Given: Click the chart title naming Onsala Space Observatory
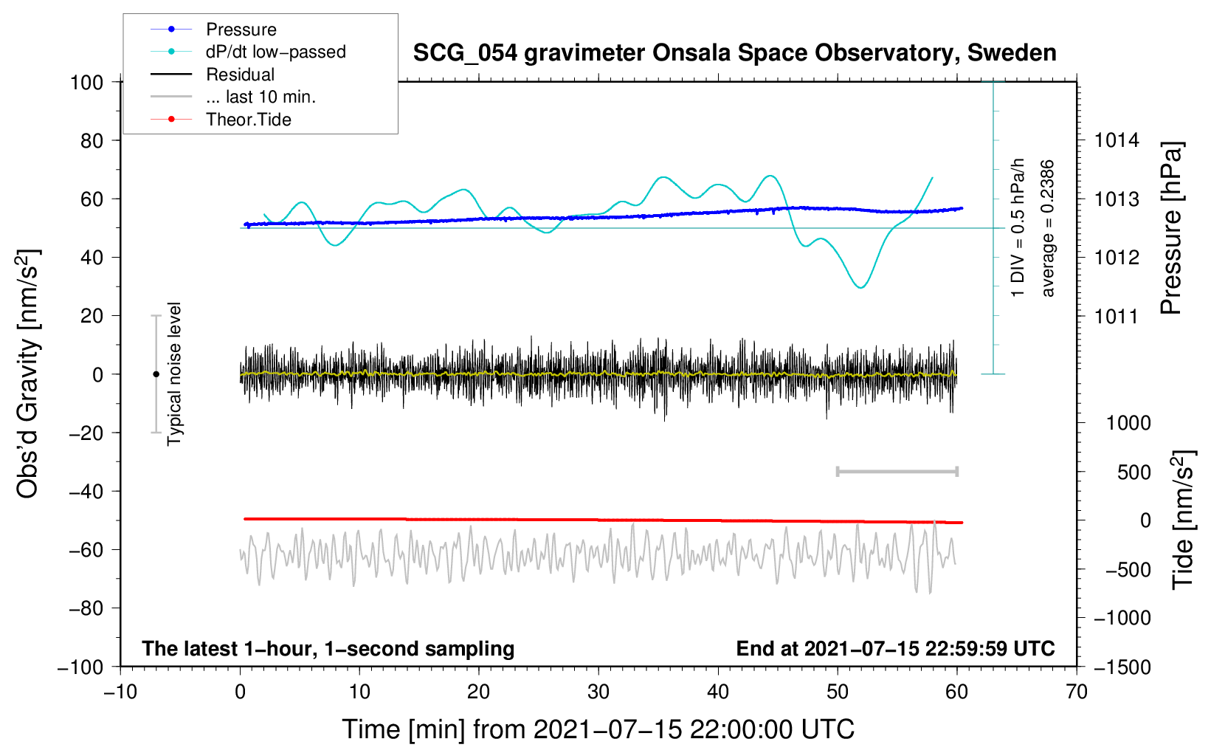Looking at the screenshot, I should pyautogui.click(x=734, y=53).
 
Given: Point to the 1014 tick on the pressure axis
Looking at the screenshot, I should pyautogui.click(x=1117, y=140).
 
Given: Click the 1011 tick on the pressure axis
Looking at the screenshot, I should pyautogui.click(x=1117, y=317).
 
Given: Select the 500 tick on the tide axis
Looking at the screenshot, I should pyautogui.click(x=1133, y=472).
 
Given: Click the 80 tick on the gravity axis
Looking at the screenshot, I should pyautogui.click(x=92, y=140).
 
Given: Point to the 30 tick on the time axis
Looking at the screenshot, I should pyautogui.click(x=598, y=692).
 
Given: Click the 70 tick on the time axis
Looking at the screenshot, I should pyautogui.click(x=1077, y=692).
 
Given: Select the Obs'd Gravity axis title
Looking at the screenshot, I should pyautogui.click(x=28, y=374).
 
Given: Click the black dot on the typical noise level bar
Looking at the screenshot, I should pyautogui.click(x=156, y=374).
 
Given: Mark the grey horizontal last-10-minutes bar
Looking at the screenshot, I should pyautogui.click(x=897, y=471).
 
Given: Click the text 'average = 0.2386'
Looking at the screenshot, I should pyautogui.click(x=1048, y=229).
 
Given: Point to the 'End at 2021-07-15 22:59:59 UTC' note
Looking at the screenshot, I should pyautogui.click(x=895, y=648).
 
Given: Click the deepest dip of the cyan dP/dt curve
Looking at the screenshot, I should pyautogui.click(x=860, y=287).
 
